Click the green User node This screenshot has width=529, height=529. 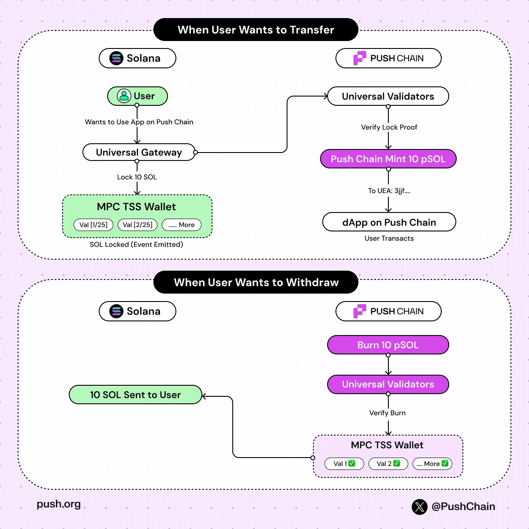[x=138, y=96]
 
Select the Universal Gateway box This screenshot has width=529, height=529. [x=139, y=153]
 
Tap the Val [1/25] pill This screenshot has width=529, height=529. [x=93, y=225]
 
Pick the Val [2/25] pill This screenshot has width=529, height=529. [x=138, y=225]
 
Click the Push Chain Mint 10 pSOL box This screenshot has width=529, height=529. [x=388, y=159]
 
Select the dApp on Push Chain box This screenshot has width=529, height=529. [x=389, y=222]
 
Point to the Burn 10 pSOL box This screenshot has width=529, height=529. [x=388, y=345]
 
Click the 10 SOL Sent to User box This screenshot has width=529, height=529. [x=135, y=395]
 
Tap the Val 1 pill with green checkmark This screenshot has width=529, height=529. [x=344, y=464]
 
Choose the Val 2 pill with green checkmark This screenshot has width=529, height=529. [x=388, y=464]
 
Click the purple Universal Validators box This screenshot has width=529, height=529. [x=388, y=384]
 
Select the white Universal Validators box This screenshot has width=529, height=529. [x=388, y=97]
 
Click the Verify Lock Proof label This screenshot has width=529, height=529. [x=389, y=127]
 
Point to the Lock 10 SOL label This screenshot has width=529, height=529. [x=137, y=177]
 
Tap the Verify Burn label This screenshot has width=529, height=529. [x=387, y=413]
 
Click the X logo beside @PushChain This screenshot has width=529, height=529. [x=420, y=507]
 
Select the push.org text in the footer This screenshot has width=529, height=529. [x=59, y=504]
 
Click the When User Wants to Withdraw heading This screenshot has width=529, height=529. [x=256, y=283]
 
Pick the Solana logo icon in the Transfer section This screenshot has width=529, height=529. [x=116, y=58]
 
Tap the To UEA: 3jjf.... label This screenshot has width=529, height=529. [x=389, y=191]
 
